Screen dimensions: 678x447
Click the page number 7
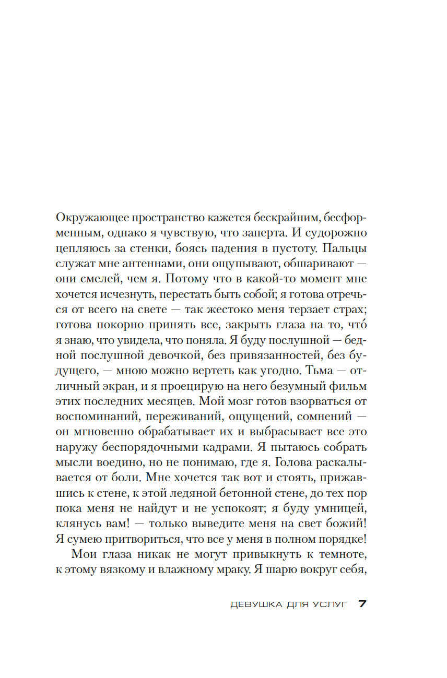pyautogui.click(x=363, y=604)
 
